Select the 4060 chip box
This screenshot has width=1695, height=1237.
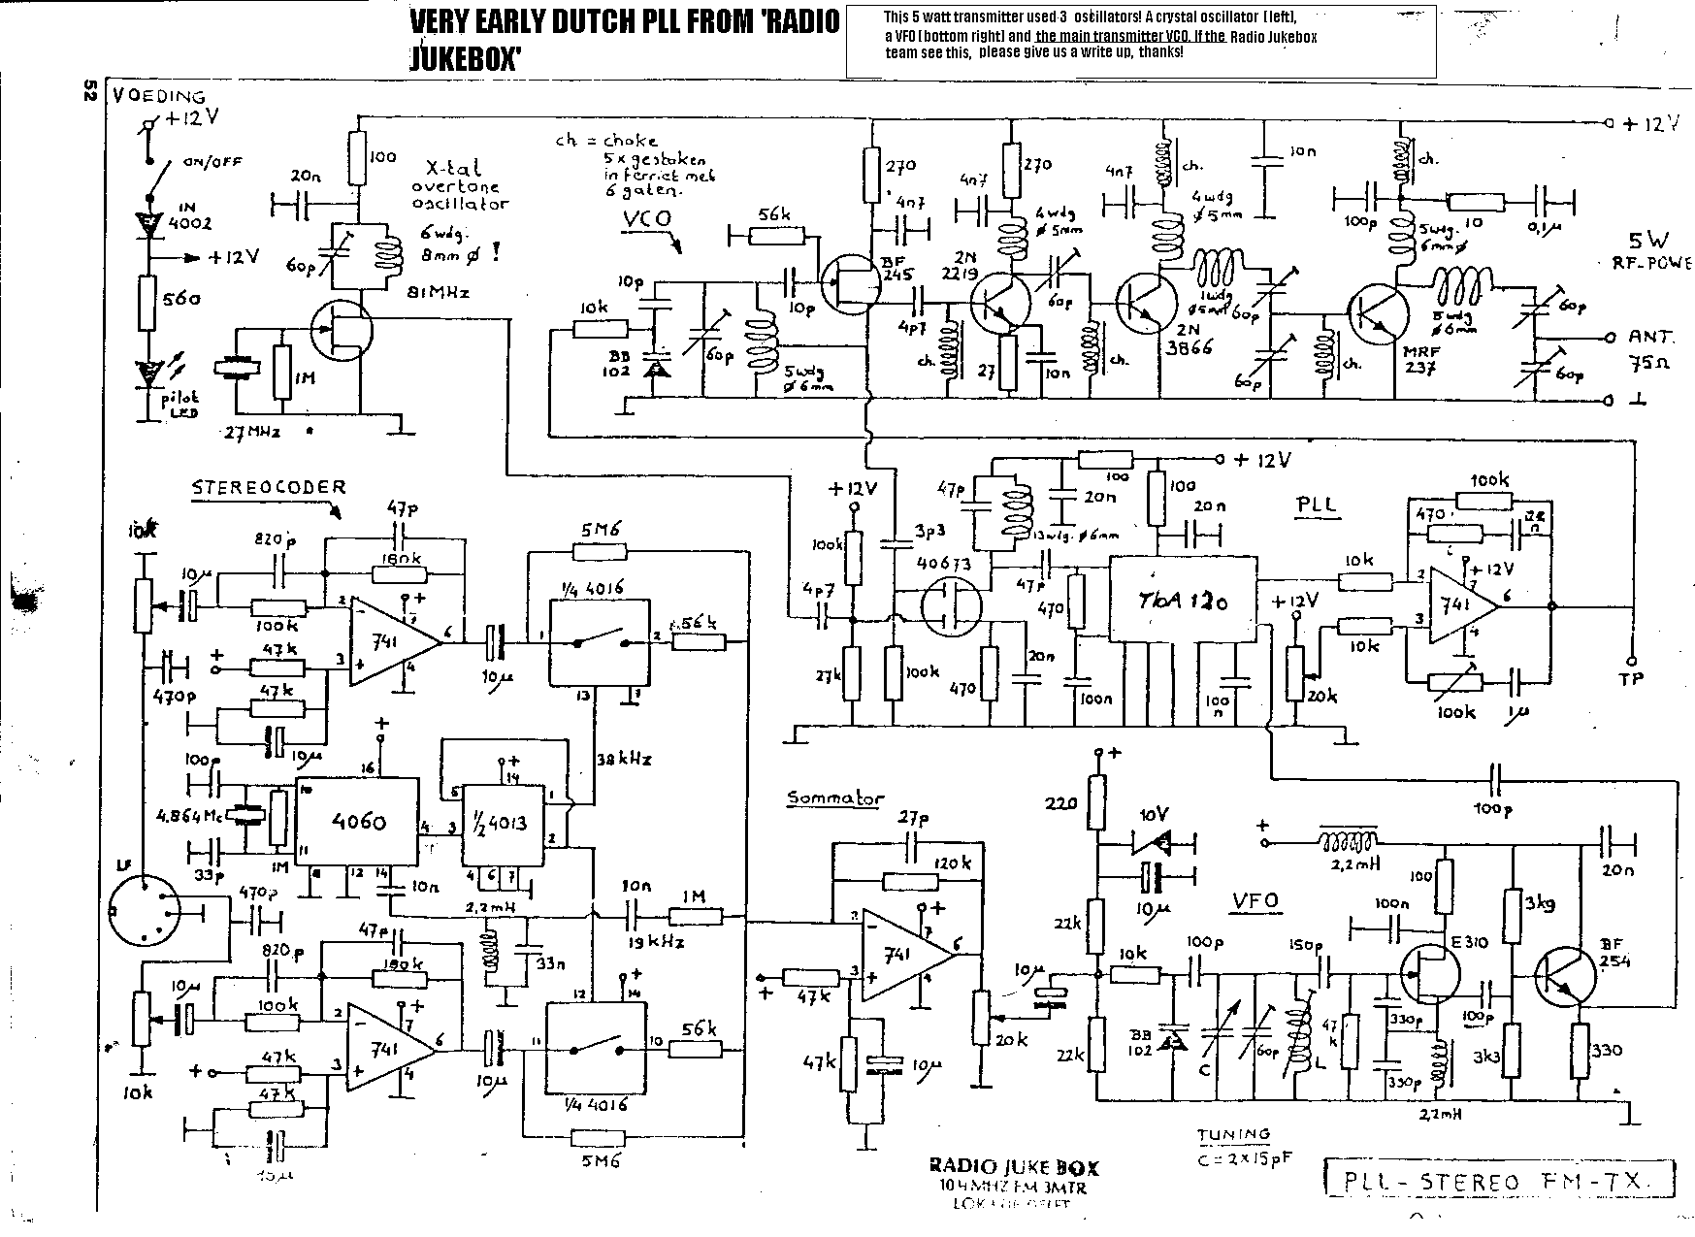pos(357,822)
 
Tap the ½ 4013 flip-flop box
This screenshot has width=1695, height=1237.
pos(502,823)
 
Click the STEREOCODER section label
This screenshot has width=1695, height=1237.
pos(269,488)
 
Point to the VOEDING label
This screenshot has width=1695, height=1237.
pos(159,96)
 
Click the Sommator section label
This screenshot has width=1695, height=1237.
pos(835,798)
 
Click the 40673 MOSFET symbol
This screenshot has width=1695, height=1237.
pos(948,607)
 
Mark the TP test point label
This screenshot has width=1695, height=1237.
pos(1631,679)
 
